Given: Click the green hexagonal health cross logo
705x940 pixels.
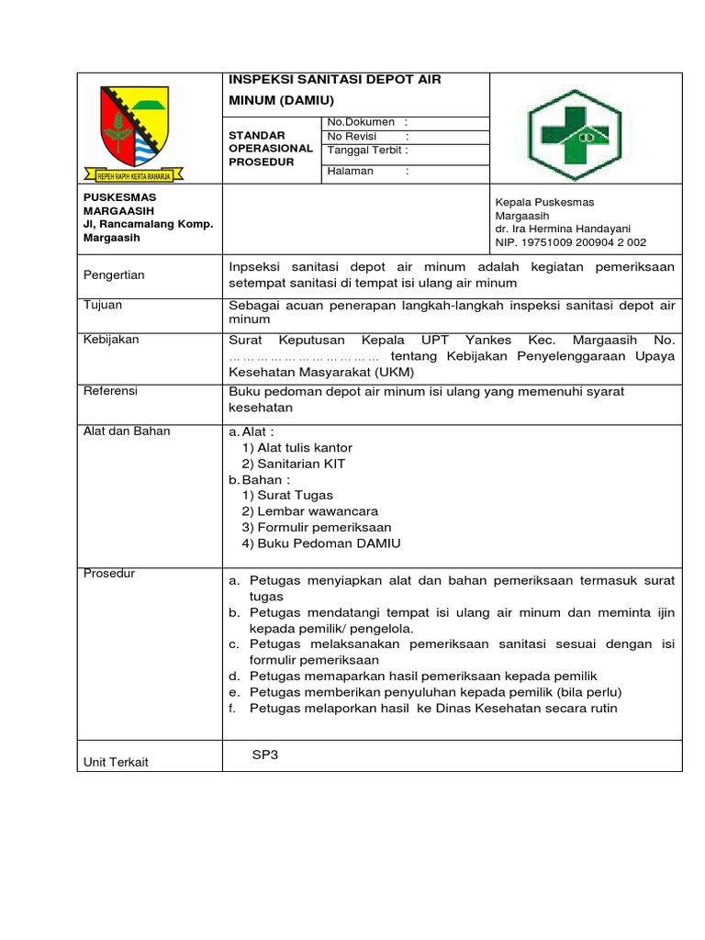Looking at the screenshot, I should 575,129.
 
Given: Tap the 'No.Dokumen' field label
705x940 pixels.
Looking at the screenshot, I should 361,122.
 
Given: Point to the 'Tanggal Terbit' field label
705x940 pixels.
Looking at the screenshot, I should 365,151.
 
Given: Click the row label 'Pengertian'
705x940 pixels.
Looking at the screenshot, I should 114,274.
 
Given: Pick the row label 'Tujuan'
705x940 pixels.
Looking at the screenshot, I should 103,305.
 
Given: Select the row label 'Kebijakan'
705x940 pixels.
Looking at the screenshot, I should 111,340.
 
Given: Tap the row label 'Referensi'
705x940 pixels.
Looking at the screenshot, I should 110,391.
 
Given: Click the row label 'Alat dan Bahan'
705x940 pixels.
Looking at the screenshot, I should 127,431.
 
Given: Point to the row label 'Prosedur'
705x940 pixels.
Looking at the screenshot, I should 109,574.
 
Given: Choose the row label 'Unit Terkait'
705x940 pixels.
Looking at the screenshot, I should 116,762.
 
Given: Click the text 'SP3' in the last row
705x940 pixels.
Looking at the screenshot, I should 264,755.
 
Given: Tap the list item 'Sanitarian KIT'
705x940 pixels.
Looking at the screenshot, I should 294,464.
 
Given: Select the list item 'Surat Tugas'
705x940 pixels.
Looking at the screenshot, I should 287,495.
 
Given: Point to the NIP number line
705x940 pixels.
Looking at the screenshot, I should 570,243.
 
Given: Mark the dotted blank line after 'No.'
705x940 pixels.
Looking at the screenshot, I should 304,356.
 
